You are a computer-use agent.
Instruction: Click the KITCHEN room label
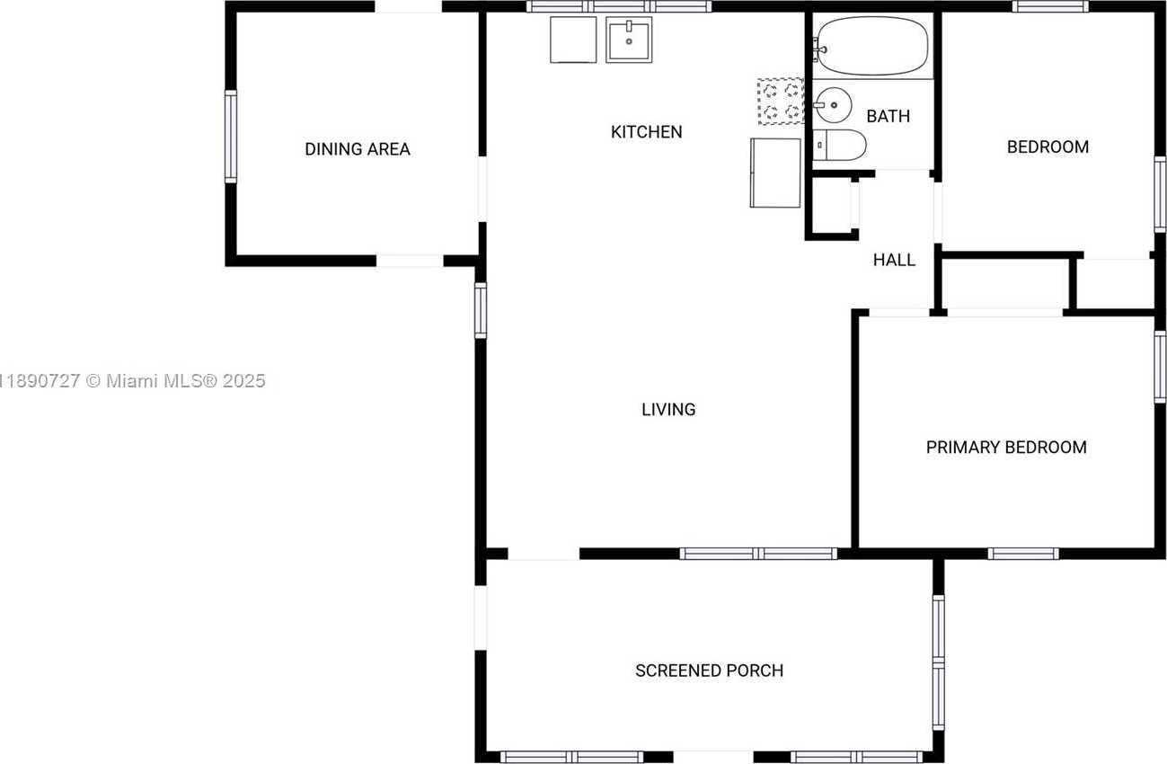point(647,132)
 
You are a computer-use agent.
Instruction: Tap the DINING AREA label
point(358,149)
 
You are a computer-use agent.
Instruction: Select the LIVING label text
point(668,410)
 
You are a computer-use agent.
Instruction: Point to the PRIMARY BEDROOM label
point(1006,447)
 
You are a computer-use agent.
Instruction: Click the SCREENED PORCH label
point(709,671)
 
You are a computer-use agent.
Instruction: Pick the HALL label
point(894,260)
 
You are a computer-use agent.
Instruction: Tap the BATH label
point(889,116)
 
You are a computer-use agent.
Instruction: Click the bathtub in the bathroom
point(871,46)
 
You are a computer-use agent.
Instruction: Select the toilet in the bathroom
point(839,145)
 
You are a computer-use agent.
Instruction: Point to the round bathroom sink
point(833,105)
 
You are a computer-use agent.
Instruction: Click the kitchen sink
point(629,40)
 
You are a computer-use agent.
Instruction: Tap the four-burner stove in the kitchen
point(781,102)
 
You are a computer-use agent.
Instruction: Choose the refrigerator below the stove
point(775,173)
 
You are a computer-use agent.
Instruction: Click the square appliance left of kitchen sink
point(573,40)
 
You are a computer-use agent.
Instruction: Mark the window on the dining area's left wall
point(231,137)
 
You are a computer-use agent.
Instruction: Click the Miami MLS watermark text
point(133,381)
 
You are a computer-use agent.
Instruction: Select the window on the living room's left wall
point(481,311)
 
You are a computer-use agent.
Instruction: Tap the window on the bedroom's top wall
point(1050,6)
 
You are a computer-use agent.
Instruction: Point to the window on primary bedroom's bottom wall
point(1023,554)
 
